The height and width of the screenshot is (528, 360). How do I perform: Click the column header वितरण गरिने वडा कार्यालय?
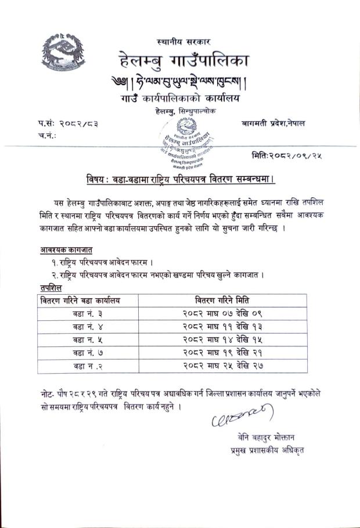80,301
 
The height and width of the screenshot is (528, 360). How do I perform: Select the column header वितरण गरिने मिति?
232,301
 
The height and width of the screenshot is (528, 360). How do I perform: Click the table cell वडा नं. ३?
81,314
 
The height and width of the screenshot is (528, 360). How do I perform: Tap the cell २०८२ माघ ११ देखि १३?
232,327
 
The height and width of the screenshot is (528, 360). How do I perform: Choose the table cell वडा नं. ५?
81,340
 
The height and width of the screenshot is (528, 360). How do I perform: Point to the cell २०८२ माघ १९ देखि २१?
232,353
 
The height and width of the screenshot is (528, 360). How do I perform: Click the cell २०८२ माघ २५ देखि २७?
232,366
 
